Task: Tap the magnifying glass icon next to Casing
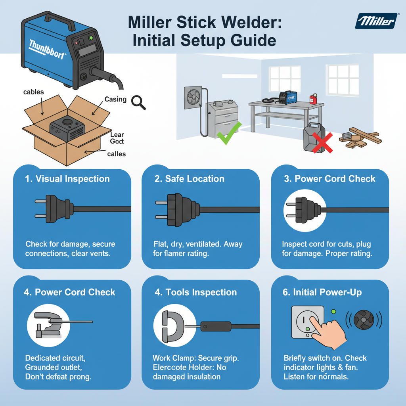(x=138, y=102)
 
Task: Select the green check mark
(x=227, y=133)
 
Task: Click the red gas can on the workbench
(x=313, y=99)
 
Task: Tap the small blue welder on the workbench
(x=288, y=97)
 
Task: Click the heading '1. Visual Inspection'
(x=67, y=179)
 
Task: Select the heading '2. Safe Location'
(x=189, y=179)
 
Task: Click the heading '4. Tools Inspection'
(x=195, y=293)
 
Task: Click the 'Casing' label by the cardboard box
(x=115, y=99)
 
